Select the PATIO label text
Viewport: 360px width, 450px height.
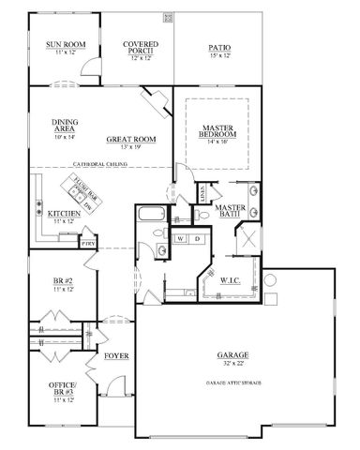(218, 44)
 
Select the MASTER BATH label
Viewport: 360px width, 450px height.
(230, 211)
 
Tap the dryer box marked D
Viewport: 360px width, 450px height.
(197, 239)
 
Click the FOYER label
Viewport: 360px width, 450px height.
(115, 356)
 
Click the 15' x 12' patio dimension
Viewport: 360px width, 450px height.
(218, 54)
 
